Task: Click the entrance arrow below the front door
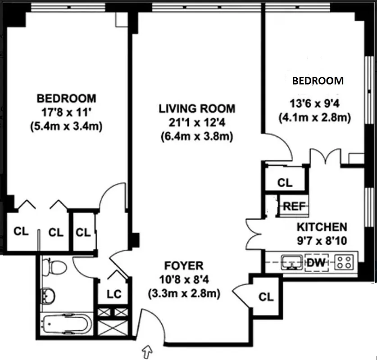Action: tap(147, 350)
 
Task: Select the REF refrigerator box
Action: tap(294, 207)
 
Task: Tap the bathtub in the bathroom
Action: tap(67, 323)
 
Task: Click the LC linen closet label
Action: tap(114, 294)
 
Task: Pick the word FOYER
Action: tap(183, 265)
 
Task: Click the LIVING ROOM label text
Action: tap(196, 108)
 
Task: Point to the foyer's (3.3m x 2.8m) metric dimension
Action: tap(183, 294)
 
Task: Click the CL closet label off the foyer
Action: tap(266, 297)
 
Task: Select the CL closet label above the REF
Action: tap(285, 183)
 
